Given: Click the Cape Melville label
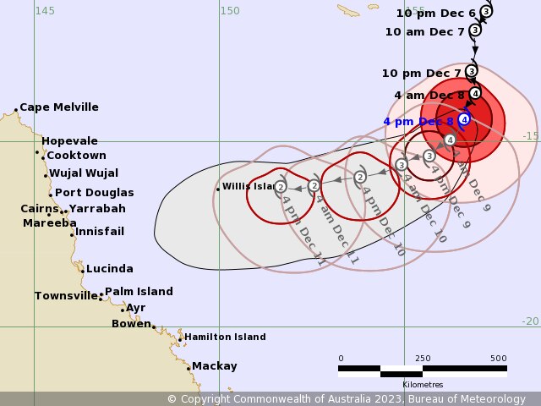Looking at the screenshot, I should pos(58,107).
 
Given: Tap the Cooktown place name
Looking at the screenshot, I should pos(76,156).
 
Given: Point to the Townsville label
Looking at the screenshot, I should pos(66,296).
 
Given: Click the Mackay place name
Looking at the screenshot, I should pos(214,366).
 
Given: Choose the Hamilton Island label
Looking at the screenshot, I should pos(225,337).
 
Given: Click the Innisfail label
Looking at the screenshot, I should pos(100,232).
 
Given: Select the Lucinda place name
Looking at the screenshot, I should pos(109,269).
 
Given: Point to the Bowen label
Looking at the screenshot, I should pos(131,323).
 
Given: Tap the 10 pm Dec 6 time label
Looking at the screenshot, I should pos(436,13).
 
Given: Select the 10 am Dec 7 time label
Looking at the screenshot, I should pos(424,31).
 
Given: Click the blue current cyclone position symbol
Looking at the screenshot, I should pos(464,119).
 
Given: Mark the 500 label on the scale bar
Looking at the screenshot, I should pos(499,358).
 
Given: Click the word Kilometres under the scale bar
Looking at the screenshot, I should pos(423,385).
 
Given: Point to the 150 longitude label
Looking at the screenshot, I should pos(229,10).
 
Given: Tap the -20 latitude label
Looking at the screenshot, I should pos(529,321).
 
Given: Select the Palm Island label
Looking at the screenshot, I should pos(139,292).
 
